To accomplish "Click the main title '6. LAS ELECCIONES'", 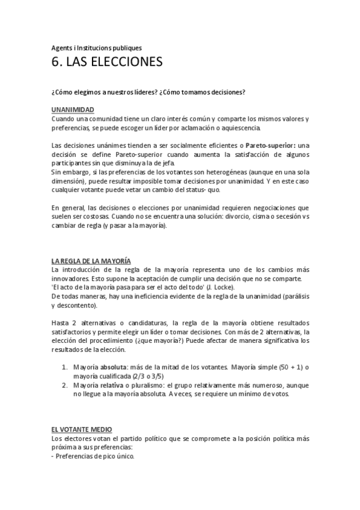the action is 106,62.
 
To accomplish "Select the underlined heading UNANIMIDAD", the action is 72,110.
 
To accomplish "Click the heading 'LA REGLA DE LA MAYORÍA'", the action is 91,260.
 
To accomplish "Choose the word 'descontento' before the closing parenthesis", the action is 85,306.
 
